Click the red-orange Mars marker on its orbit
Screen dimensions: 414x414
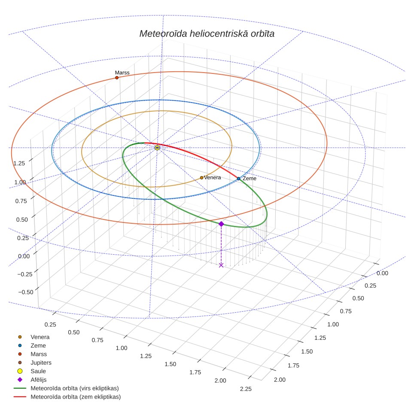tap(117, 78)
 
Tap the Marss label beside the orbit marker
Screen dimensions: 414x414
tap(122, 73)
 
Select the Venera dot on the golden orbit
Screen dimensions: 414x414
tap(202, 178)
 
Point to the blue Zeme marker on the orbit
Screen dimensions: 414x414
tap(239, 179)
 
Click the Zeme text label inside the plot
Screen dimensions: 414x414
tap(250, 179)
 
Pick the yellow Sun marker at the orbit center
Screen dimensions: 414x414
tap(157, 148)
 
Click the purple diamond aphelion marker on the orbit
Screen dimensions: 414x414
tap(221, 224)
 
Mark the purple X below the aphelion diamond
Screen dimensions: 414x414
tap(221, 265)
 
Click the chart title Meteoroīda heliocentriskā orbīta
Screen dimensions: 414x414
tap(207, 33)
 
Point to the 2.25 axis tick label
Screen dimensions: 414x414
tap(246, 389)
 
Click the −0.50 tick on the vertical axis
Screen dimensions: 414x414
tap(26, 292)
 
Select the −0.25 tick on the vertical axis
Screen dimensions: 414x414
tap(25, 274)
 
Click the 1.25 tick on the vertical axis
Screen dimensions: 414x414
tap(19, 164)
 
